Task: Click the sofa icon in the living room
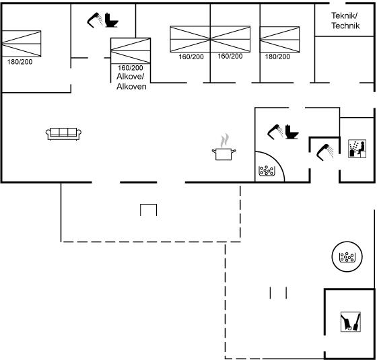tap(63, 134)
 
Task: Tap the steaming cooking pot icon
tap(224, 147)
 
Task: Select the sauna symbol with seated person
tap(357, 149)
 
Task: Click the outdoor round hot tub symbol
tap(347, 256)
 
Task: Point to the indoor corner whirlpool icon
tap(267, 170)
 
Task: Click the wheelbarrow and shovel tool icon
tap(351, 322)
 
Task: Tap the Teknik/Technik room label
tap(345, 21)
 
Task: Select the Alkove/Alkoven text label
tap(131, 81)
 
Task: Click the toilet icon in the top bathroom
tap(112, 20)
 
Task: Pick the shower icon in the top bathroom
tap(95, 20)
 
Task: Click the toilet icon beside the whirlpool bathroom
tap(292, 132)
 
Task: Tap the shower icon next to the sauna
tap(324, 152)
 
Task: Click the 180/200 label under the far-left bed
tap(20, 62)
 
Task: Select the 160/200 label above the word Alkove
tap(131, 68)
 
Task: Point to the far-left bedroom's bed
tap(22, 44)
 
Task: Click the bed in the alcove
tap(131, 50)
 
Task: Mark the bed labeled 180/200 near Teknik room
tap(280, 40)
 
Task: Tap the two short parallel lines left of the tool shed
tap(278, 293)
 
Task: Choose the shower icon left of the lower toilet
tap(275, 132)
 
